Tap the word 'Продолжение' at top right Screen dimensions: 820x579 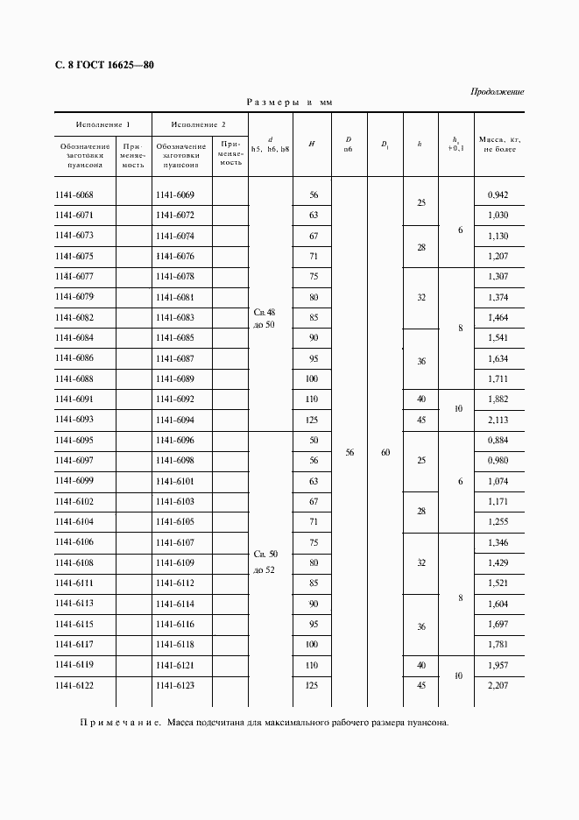point(497,91)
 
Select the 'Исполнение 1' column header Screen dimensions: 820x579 point(102,124)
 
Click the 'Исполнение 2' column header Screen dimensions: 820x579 point(199,124)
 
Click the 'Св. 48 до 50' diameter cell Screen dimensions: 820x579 point(265,318)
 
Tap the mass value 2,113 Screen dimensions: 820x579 point(498,420)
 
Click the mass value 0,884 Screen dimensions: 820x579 point(498,440)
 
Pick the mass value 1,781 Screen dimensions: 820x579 point(498,645)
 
